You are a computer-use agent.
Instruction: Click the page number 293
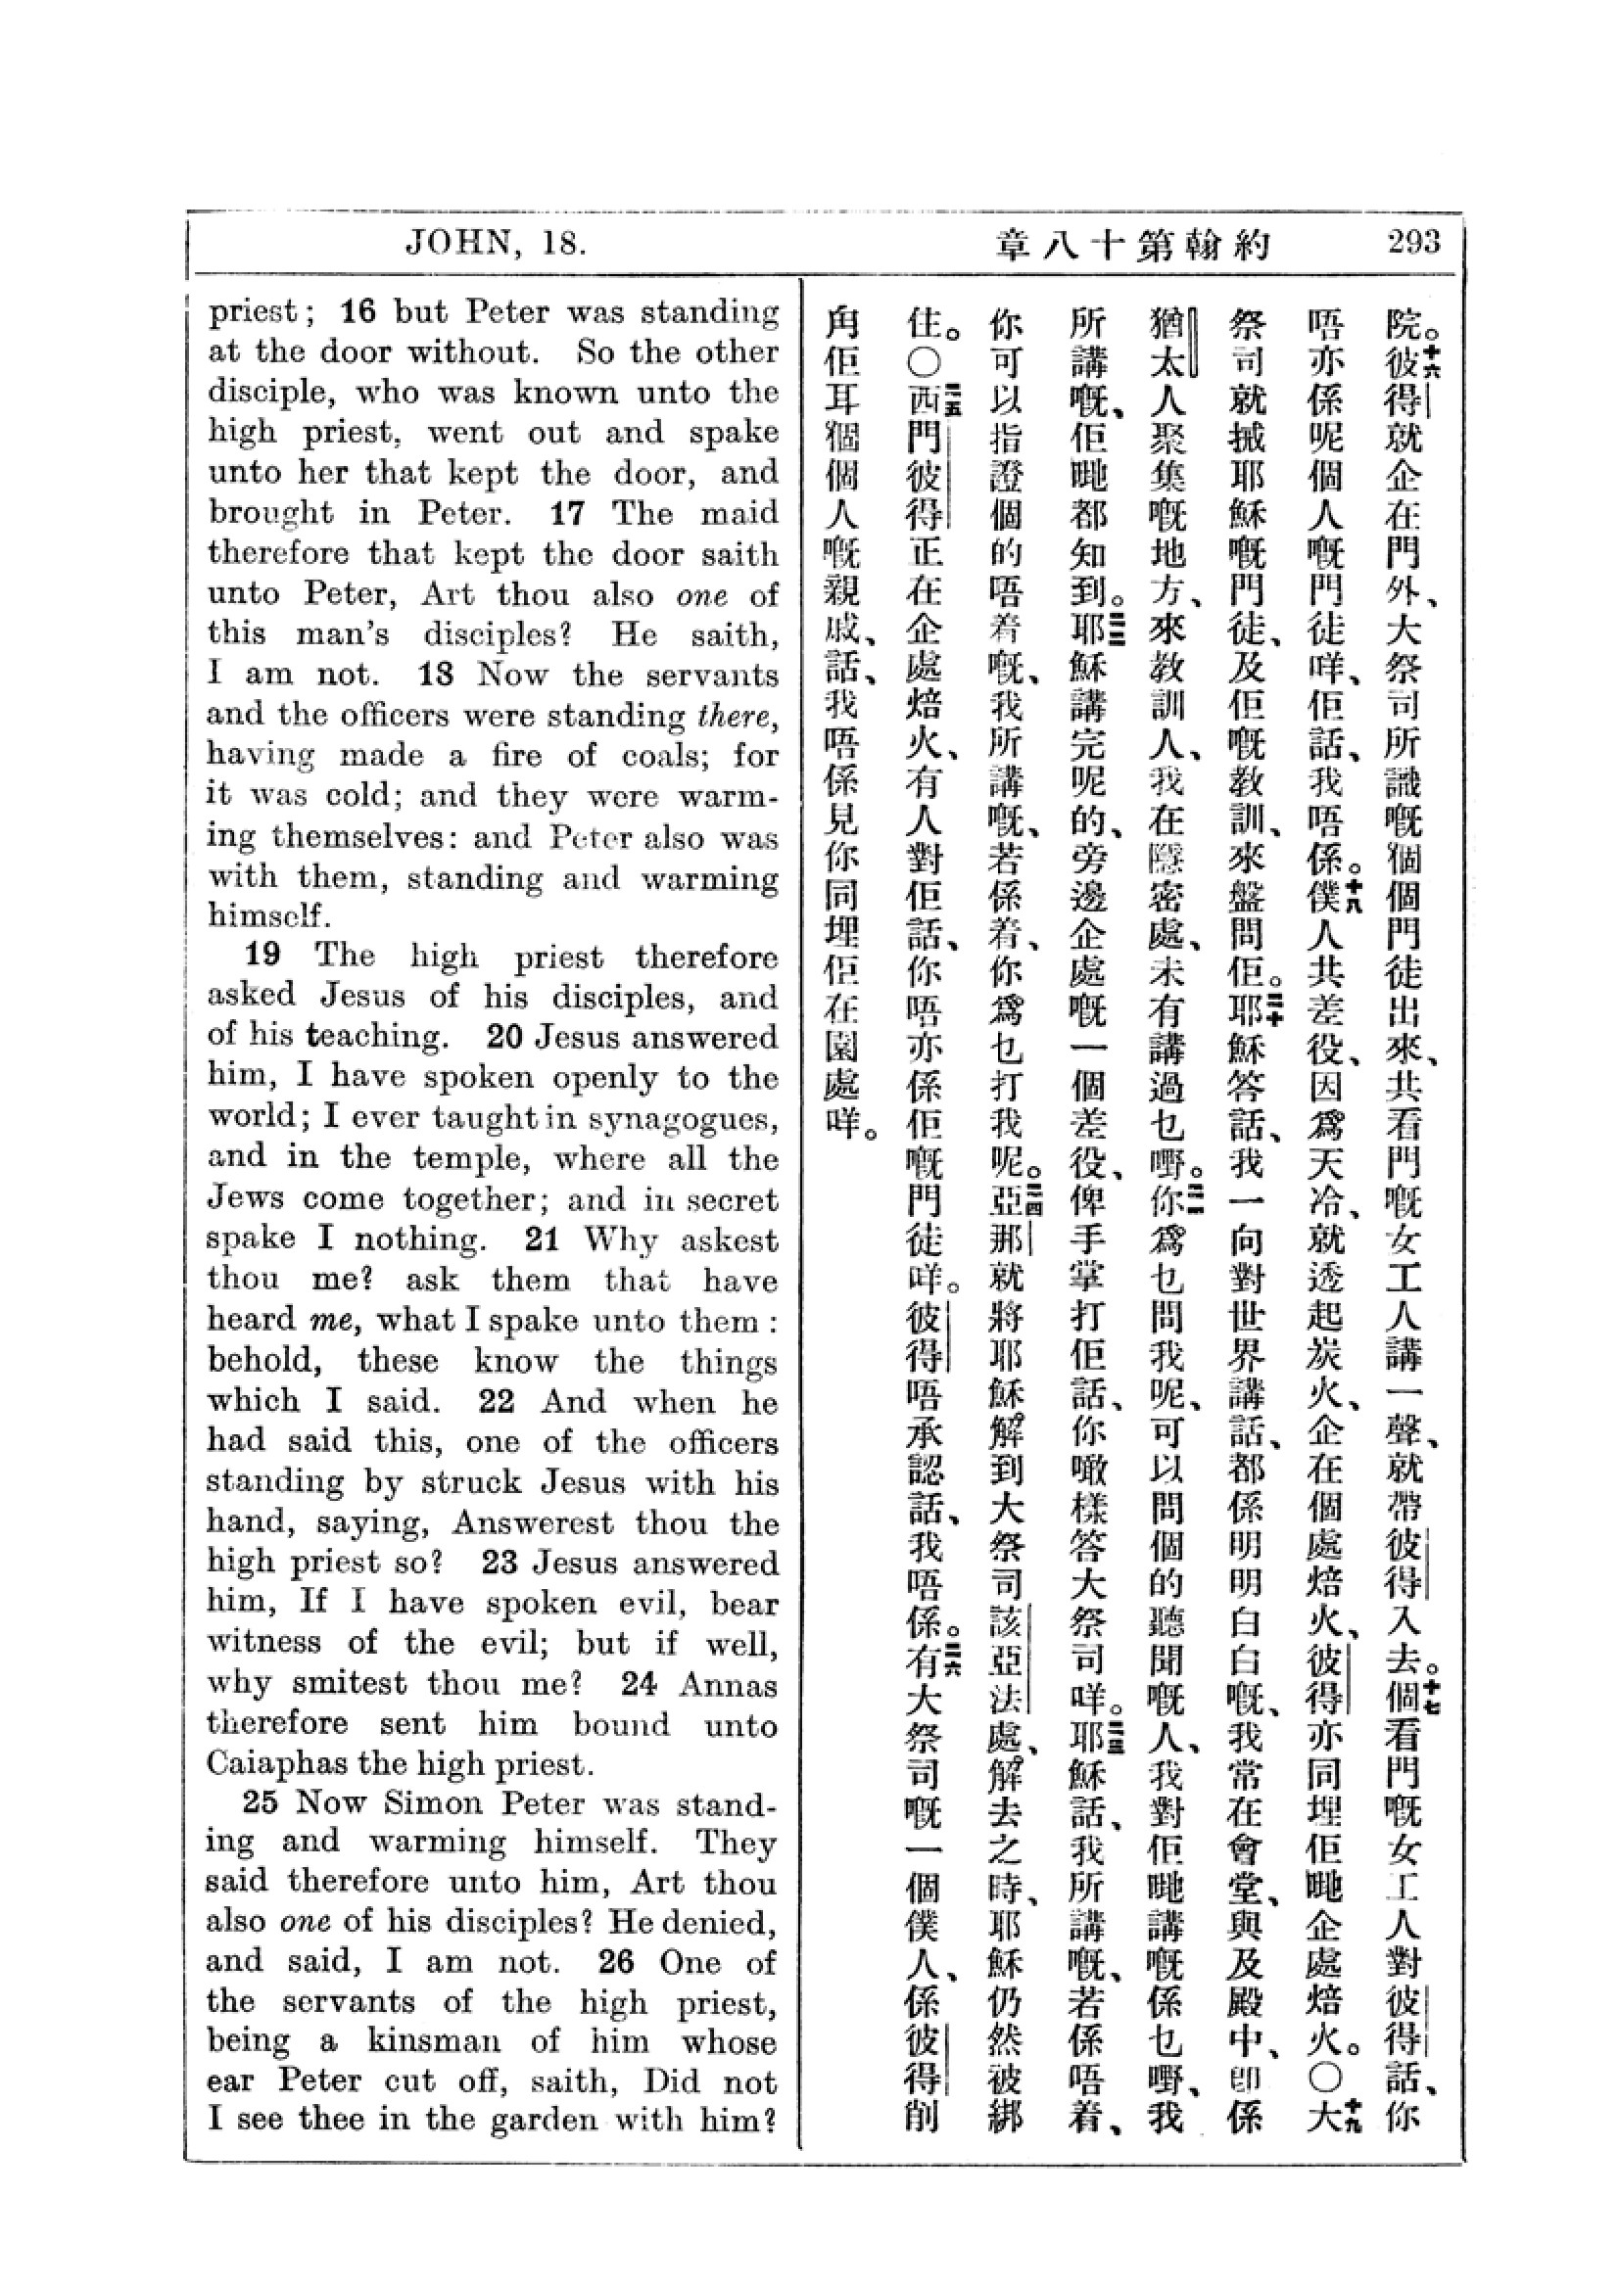coord(1412,243)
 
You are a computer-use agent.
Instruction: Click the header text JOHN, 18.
coord(496,244)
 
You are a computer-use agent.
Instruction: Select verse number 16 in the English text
coord(358,312)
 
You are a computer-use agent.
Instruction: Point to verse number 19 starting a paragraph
coord(262,955)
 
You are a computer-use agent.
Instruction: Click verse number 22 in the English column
coord(497,1401)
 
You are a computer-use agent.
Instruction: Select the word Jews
coord(245,1197)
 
